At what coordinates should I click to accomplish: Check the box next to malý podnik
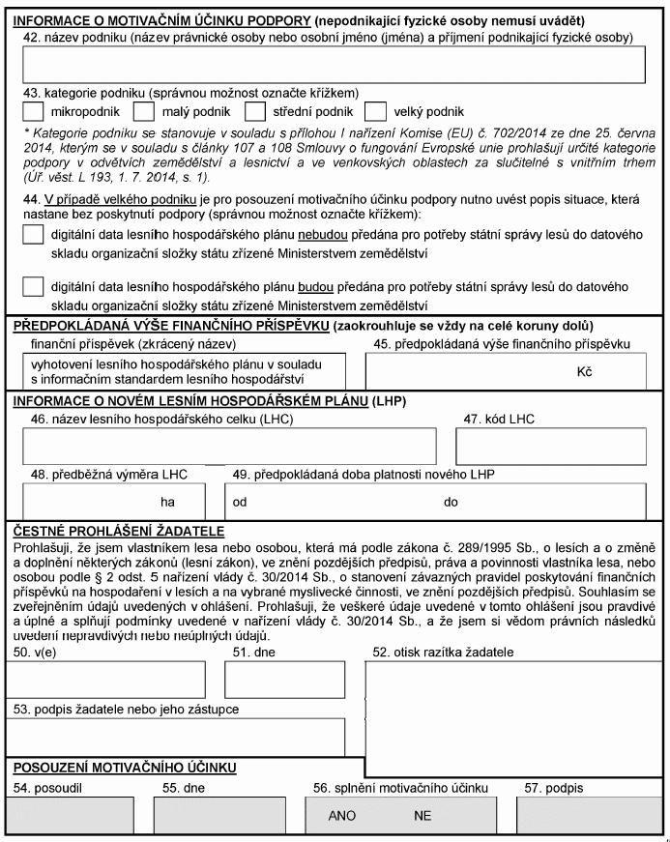pyautogui.click(x=143, y=112)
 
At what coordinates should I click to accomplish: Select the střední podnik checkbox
pyautogui.click(x=255, y=112)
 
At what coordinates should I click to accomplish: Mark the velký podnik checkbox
pyautogui.click(x=377, y=112)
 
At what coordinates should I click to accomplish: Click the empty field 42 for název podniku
pyautogui.click(x=333, y=65)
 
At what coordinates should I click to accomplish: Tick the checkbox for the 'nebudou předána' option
pyautogui.click(x=33, y=235)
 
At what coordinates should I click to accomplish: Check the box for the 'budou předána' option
pyautogui.click(x=33, y=287)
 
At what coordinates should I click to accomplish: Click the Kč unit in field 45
pyautogui.click(x=584, y=371)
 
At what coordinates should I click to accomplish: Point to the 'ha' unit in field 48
pyautogui.click(x=168, y=503)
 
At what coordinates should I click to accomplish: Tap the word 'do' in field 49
pyautogui.click(x=451, y=503)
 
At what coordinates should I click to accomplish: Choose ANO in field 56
pyautogui.click(x=342, y=816)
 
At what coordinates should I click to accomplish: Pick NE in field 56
pyautogui.click(x=422, y=816)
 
